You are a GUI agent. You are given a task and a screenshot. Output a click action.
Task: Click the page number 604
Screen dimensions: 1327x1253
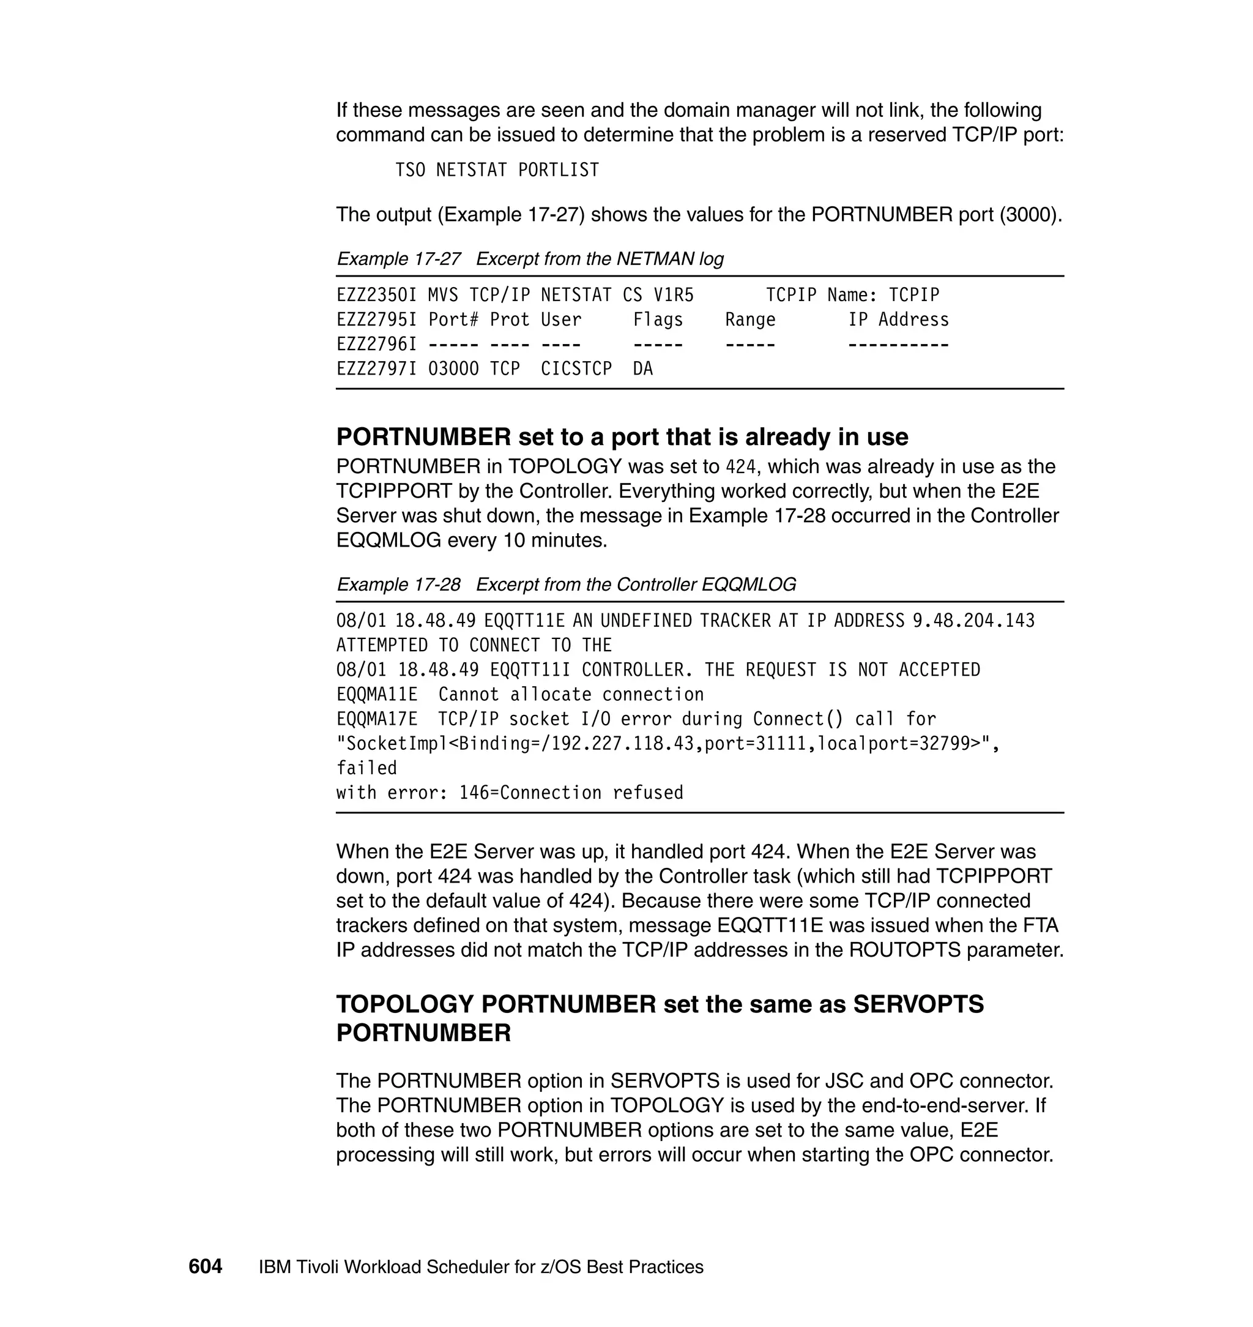click(x=205, y=1267)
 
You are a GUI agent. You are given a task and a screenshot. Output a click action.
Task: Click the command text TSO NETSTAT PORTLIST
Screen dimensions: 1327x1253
click(x=497, y=170)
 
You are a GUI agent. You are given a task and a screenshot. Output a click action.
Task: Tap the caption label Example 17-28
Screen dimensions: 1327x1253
click(x=399, y=585)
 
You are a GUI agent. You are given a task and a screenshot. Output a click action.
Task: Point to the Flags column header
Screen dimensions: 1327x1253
click(x=658, y=320)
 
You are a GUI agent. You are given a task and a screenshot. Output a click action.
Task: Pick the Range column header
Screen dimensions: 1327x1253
click(x=750, y=320)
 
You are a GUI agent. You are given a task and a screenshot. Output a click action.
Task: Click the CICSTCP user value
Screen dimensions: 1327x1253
click(x=576, y=369)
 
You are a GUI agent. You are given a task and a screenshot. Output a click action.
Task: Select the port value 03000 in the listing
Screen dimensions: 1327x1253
click(x=453, y=369)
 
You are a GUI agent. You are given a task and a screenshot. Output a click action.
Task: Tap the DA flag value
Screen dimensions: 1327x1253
click(x=642, y=369)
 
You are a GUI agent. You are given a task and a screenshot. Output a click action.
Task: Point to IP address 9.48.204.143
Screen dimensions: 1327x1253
click(x=973, y=621)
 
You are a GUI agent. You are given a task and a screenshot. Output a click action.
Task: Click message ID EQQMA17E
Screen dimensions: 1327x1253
click(x=377, y=720)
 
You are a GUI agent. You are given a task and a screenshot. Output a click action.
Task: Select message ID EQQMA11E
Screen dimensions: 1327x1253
click(x=377, y=695)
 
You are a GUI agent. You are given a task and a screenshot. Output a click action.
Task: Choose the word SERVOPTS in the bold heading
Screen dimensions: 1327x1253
click(x=918, y=1004)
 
